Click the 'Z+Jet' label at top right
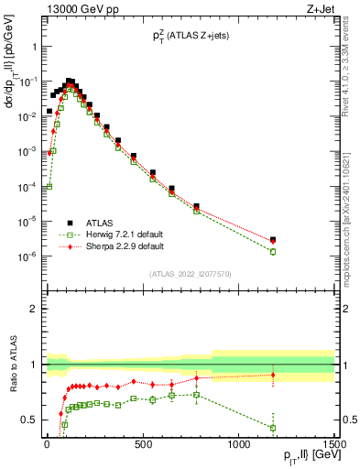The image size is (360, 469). [319, 10]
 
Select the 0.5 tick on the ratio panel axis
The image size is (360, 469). [29, 420]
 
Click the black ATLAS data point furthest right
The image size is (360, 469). [273, 240]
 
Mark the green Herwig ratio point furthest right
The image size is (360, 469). [273, 428]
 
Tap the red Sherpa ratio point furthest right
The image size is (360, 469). [273, 375]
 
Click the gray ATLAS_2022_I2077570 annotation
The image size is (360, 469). [190, 274]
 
